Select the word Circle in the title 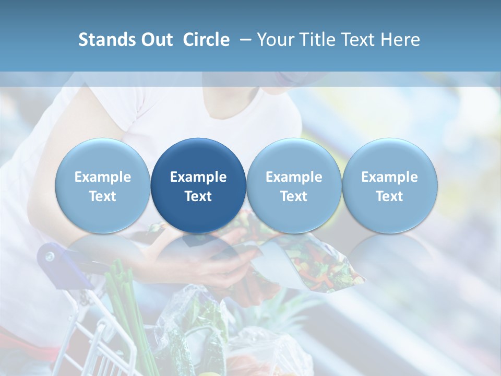click(x=206, y=40)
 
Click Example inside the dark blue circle click(x=198, y=177)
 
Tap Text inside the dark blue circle click(x=198, y=196)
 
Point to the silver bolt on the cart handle click(x=50, y=256)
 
